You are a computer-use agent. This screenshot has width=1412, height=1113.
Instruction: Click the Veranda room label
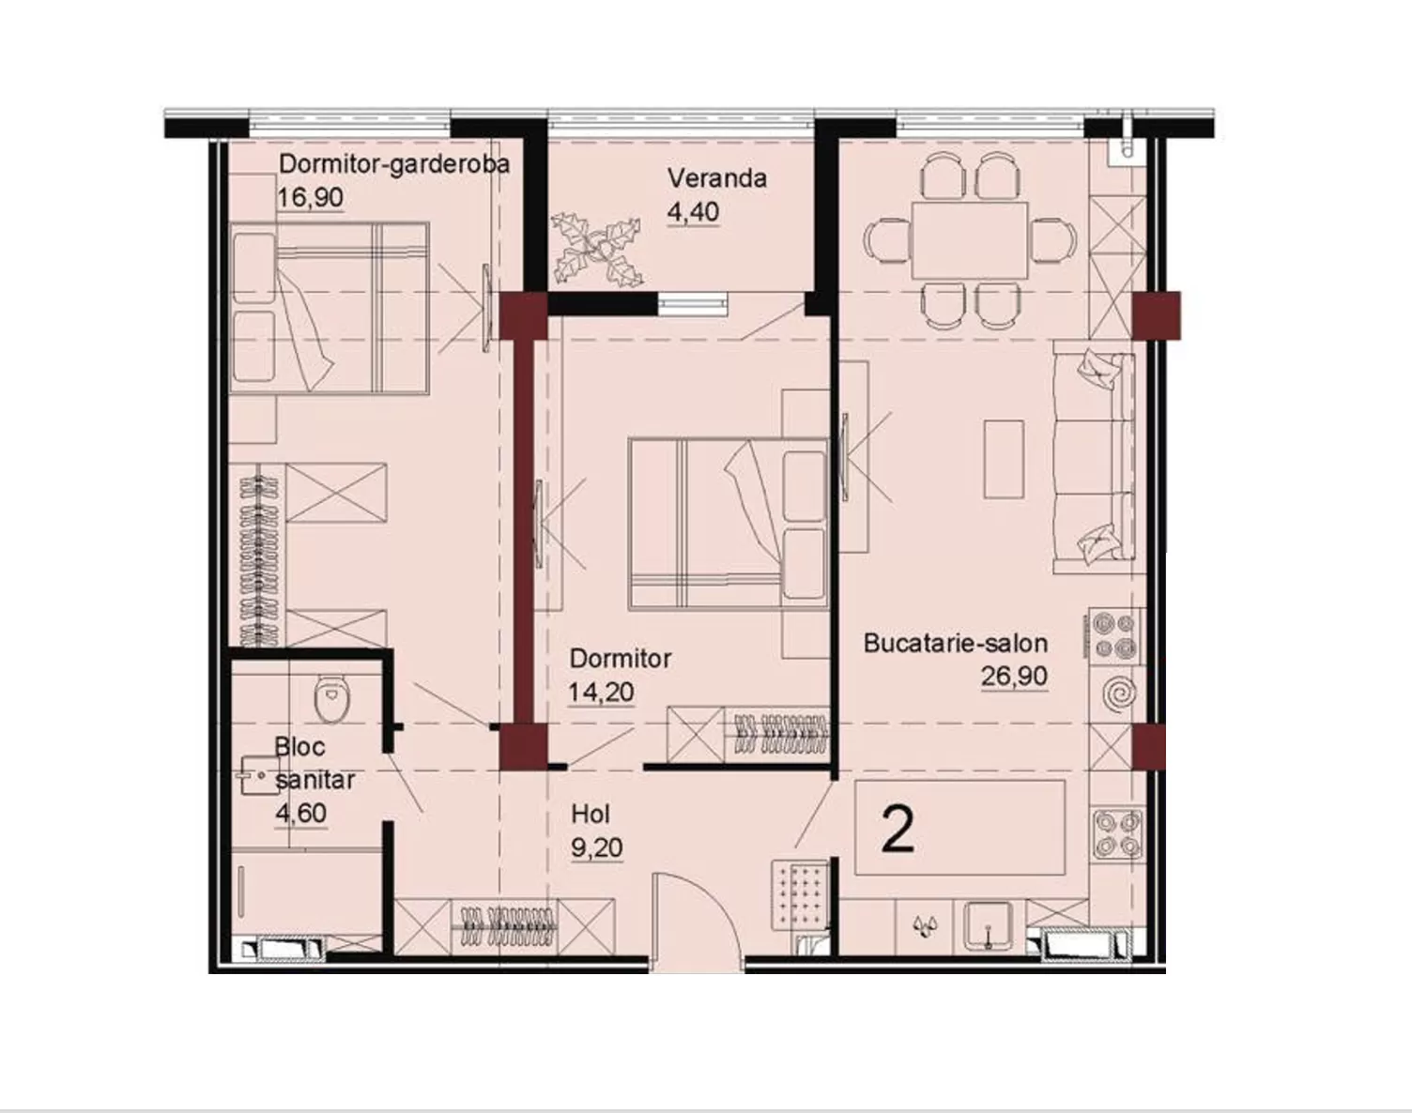pyautogui.click(x=717, y=178)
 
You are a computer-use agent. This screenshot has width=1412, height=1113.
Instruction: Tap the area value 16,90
pyautogui.click(x=311, y=197)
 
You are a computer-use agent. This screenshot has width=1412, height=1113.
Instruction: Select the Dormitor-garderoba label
pyautogui.click(x=393, y=164)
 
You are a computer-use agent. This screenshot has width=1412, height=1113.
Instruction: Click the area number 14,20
pyautogui.click(x=602, y=692)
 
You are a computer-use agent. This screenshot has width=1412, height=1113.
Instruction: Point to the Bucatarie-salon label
pyautogui.click(x=956, y=644)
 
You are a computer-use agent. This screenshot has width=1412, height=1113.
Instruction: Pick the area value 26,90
pyautogui.click(x=1014, y=677)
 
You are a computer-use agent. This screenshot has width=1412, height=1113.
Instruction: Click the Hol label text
pyautogui.click(x=591, y=815)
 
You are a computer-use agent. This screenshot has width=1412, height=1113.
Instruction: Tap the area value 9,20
pyautogui.click(x=596, y=848)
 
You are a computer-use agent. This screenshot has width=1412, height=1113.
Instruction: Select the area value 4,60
pyautogui.click(x=301, y=814)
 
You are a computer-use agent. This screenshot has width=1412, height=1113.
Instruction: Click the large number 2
pyautogui.click(x=898, y=830)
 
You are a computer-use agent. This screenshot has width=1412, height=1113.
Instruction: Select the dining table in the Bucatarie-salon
pyautogui.click(x=969, y=240)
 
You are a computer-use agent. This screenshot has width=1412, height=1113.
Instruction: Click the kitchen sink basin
pyautogui.click(x=989, y=926)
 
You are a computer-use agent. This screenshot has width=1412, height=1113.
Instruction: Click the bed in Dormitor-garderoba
pyautogui.click(x=330, y=308)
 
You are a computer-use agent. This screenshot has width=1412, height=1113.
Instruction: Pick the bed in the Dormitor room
pyautogui.click(x=728, y=524)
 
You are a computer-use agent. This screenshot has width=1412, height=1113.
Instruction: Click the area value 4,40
pyautogui.click(x=694, y=212)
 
